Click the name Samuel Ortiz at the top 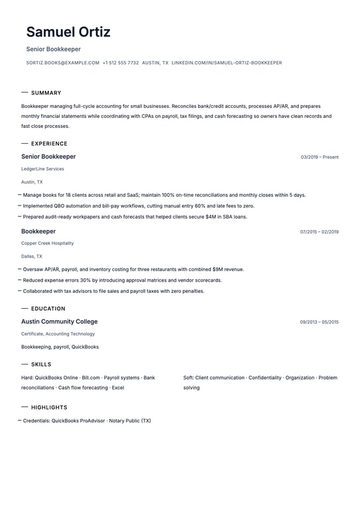68,32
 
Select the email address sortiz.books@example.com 63,63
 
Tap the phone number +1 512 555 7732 121,63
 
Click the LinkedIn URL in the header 227,63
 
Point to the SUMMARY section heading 46,93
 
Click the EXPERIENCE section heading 49,144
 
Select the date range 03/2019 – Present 320,157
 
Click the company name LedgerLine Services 42,169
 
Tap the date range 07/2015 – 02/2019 319,232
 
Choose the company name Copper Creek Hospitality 47,243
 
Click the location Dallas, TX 31,256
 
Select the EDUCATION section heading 48,309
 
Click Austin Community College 59,321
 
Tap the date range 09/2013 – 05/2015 319,322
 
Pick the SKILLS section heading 41,365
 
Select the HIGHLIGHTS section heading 49,408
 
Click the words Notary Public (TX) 130,421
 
